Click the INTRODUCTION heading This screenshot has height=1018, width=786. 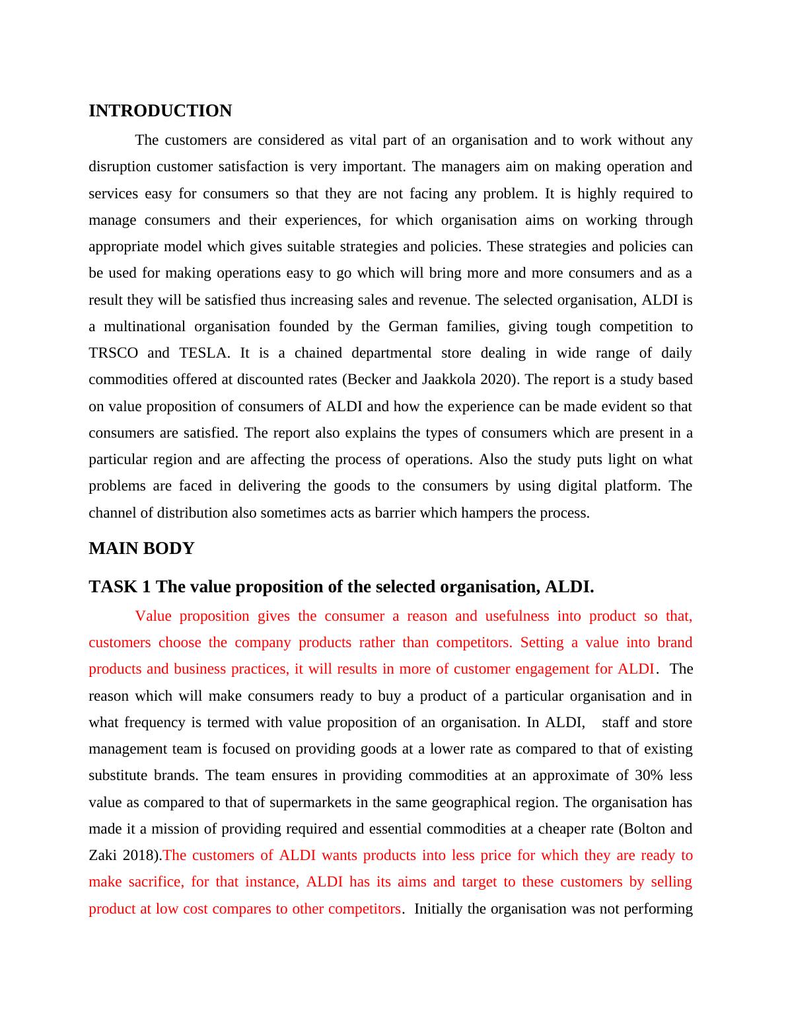pos(160,111)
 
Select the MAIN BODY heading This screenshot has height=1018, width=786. pos(141,549)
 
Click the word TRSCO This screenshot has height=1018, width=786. pos(113,353)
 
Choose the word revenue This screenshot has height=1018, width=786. pos(443,300)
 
